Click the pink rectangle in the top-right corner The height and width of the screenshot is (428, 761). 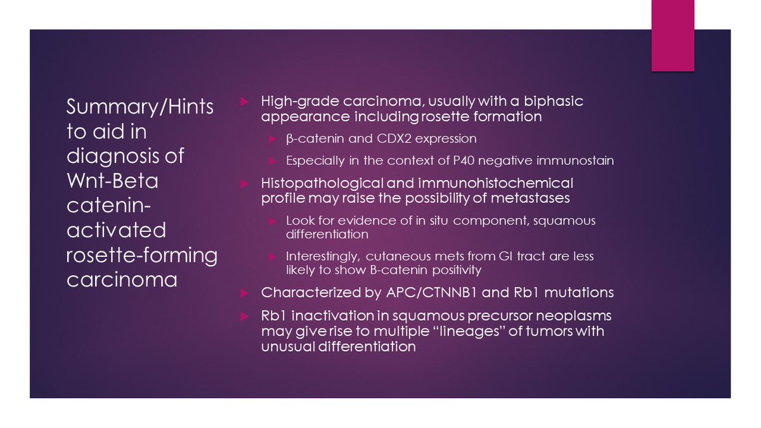(x=673, y=35)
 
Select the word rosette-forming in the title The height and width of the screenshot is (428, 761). (x=141, y=256)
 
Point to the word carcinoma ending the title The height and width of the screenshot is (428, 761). (x=122, y=280)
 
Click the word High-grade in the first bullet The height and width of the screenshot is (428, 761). (x=293, y=102)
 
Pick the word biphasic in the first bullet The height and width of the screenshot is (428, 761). (x=553, y=102)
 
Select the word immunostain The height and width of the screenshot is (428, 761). (x=576, y=161)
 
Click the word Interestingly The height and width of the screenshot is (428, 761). (x=323, y=257)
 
